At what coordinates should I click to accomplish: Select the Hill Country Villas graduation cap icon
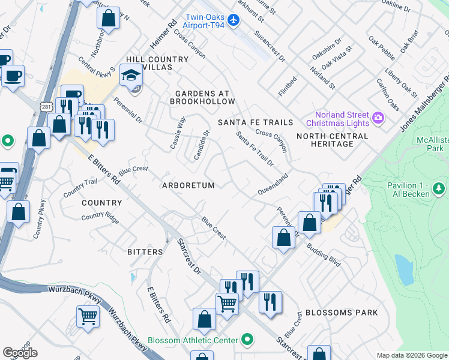pyautogui.click(x=130, y=76)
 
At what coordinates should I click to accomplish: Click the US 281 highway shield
pyautogui.click(x=46, y=106)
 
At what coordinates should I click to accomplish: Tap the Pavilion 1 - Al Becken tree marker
pyautogui.click(x=439, y=190)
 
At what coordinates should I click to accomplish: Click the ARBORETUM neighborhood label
pyautogui.click(x=188, y=186)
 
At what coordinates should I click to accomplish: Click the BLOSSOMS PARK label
pyautogui.click(x=342, y=313)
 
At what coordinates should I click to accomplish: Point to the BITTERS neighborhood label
pyautogui.click(x=145, y=252)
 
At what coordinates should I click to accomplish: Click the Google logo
pyautogui.click(x=20, y=353)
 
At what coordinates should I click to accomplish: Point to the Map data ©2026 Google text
pyautogui.click(x=412, y=355)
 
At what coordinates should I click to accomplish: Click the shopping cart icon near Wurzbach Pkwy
pyautogui.click(x=88, y=315)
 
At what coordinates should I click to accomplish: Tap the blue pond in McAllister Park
pyautogui.click(x=405, y=269)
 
